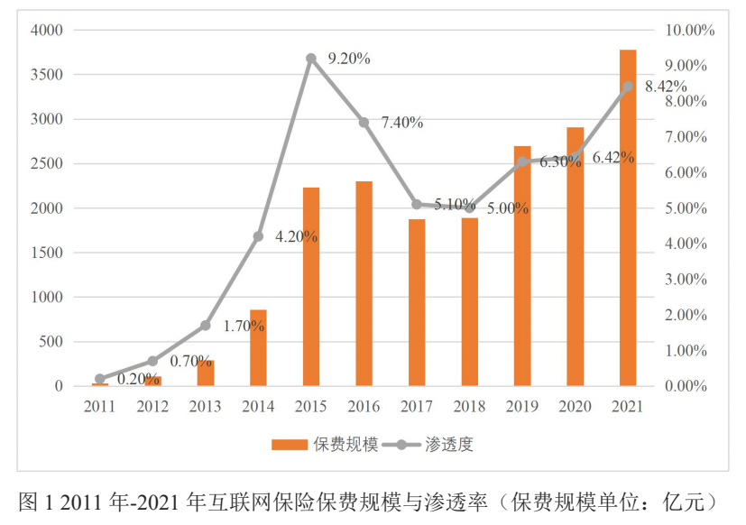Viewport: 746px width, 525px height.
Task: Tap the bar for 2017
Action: click(x=417, y=303)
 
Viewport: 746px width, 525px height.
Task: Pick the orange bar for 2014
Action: click(x=258, y=348)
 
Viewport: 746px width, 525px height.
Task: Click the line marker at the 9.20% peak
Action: click(x=311, y=59)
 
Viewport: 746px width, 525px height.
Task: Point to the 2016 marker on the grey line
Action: click(x=364, y=123)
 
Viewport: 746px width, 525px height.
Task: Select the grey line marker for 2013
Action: click(x=205, y=325)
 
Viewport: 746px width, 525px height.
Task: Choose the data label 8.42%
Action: click(x=665, y=87)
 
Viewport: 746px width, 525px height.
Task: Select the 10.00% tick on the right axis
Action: click(x=689, y=31)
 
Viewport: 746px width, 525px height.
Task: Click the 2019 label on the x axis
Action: click(x=522, y=407)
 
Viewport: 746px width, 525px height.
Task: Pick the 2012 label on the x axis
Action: click(x=152, y=407)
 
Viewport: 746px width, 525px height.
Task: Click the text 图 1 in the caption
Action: click(x=32, y=502)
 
